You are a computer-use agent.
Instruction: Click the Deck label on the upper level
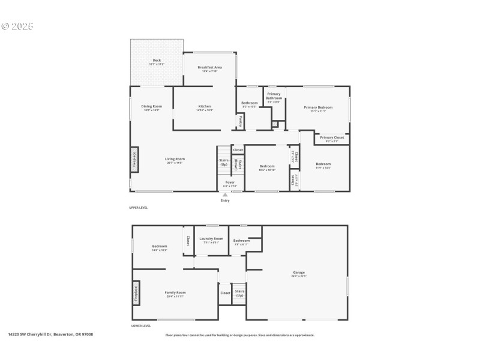(157, 60)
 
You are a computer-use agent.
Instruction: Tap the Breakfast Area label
(210, 67)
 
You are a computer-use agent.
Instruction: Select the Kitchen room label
(204, 106)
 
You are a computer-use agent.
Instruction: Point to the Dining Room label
(152, 106)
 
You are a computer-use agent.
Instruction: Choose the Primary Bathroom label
(274, 95)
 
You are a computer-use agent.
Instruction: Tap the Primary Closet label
(332, 137)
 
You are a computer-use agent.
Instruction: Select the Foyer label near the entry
(230, 182)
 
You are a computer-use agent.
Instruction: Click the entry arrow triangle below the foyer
(225, 194)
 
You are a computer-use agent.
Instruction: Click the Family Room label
(175, 292)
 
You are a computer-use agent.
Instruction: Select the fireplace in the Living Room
(134, 159)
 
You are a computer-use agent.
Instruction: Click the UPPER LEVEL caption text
(139, 208)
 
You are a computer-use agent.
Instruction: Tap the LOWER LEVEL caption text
(140, 326)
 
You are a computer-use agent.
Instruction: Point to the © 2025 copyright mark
(17, 26)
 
